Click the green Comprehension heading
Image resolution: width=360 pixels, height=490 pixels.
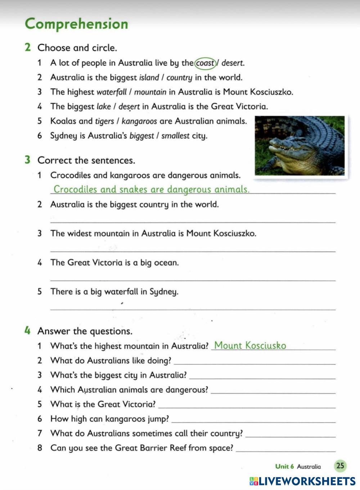coord(76,24)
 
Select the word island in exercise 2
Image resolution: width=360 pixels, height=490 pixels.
coord(149,77)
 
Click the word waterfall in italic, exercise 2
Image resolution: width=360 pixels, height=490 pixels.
coord(112,92)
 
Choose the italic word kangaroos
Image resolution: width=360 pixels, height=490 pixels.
coord(139,121)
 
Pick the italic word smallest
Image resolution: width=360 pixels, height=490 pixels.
coord(175,136)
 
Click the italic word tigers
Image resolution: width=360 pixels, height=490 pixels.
coord(104,121)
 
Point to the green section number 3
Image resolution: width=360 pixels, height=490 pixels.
coord(27,160)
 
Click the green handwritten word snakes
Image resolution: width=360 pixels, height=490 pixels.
coord(133,189)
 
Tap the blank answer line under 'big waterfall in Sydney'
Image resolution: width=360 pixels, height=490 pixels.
coord(193,308)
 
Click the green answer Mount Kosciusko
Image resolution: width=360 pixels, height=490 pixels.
coord(250,346)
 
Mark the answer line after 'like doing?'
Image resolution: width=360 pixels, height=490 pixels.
coord(254,363)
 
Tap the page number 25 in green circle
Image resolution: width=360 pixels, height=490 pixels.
coord(340,466)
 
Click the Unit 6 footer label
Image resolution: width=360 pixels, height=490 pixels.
coord(284,467)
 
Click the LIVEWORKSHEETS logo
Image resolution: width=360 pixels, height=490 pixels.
coord(302,481)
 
